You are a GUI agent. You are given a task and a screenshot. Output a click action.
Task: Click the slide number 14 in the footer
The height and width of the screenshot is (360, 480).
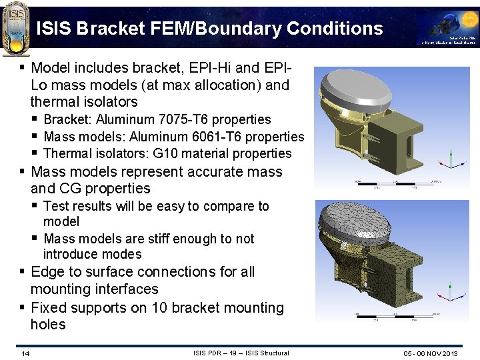[25, 353]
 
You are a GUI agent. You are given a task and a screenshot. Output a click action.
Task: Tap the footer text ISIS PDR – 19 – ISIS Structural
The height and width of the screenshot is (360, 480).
[241, 353]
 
